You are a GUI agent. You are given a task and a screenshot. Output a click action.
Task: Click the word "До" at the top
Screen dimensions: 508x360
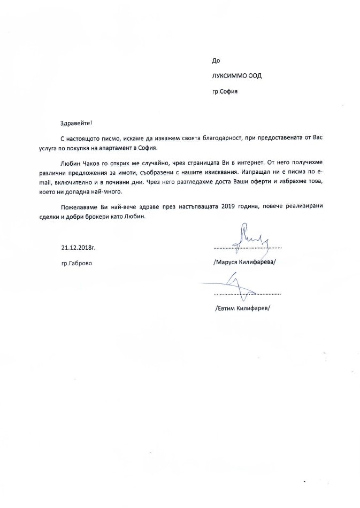pyautogui.click(x=216, y=61)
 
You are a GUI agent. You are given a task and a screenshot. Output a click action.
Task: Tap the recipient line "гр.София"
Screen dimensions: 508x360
pyautogui.click(x=225, y=91)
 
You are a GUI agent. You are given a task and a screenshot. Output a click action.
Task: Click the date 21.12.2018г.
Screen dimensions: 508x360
pyautogui.click(x=79, y=248)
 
